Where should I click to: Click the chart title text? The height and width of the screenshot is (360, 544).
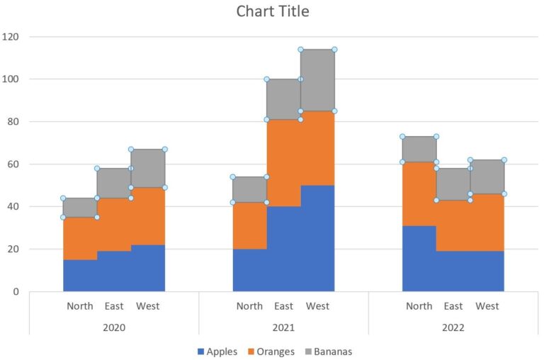[x=272, y=12]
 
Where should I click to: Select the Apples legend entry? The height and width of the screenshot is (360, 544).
[x=222, y=351]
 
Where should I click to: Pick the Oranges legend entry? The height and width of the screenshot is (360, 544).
[x=275, y=351]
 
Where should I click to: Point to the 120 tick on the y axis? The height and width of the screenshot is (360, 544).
[x=11, y=37]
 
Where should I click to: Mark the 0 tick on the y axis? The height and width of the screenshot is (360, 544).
[x=16, y=292]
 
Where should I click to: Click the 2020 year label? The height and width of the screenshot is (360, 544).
[x=114, y=327]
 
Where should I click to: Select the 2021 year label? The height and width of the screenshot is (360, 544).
[x=283, y=327]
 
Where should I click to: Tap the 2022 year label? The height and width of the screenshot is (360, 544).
[x=453, y=327]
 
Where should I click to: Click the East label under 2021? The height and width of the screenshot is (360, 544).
[x=283, y=306]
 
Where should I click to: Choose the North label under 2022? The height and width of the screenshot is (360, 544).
[x=419, y=306]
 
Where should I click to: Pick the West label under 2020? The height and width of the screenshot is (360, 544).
[x=148, y=306]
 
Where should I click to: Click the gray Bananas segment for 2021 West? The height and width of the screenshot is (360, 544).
[x=317, y=80]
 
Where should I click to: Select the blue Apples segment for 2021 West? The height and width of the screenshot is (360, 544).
[x=317, y=238]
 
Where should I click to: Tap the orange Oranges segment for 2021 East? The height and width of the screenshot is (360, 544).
[x=283, y=163]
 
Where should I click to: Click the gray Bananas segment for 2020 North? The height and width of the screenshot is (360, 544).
[x=80, y=208]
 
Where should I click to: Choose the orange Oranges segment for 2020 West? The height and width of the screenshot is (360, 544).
[x=148, y=216]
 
